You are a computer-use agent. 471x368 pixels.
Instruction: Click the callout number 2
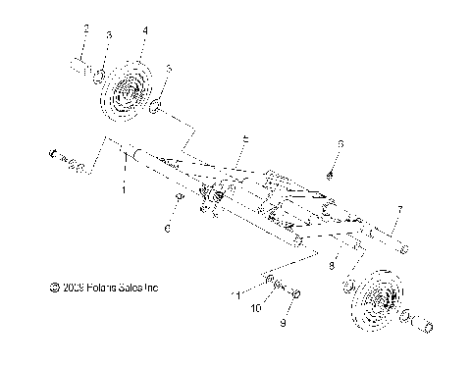(x=85, y=28)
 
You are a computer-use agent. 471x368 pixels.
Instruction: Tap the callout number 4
(x=144, y=30)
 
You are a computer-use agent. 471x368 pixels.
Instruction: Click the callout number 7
(x=399, y=210)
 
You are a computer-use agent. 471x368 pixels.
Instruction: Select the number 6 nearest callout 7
(x=340, y=144)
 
